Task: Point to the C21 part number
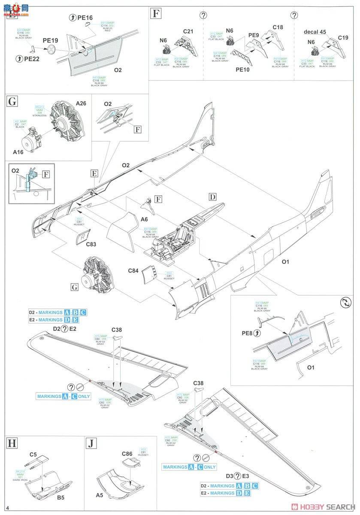point(188,31)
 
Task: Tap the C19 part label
point(342,38)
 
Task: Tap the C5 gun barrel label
point(33,454)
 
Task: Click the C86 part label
point(127,454)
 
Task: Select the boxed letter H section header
point(13,443)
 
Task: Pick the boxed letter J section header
point(92,443)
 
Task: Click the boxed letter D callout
point(212,197)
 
